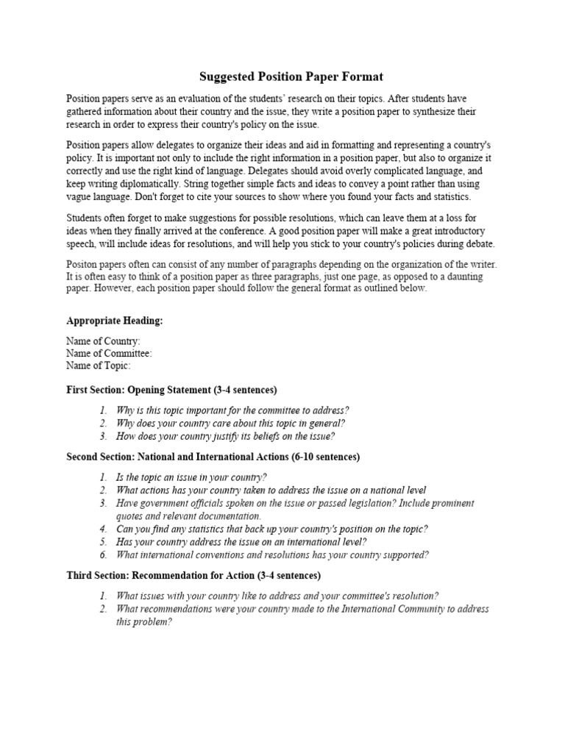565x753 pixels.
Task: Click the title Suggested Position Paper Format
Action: tap(291, 76)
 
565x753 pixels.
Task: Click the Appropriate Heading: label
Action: tap(114, 321)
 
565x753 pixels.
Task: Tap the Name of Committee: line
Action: tap(109, 354)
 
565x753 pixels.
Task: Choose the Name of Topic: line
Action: tap(99, 365)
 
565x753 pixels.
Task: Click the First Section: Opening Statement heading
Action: tap(171, 390)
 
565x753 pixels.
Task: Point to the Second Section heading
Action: tap(213, 457)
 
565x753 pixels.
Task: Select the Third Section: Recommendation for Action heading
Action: tap(193, 575)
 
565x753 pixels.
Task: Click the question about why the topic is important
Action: tap(232, 410)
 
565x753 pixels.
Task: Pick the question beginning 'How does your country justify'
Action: tap(225, 436)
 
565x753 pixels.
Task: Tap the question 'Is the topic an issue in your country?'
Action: tap(191, 477)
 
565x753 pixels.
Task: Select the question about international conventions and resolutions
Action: tap(272, 555)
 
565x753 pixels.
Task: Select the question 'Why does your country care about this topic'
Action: tap(230, 424)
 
